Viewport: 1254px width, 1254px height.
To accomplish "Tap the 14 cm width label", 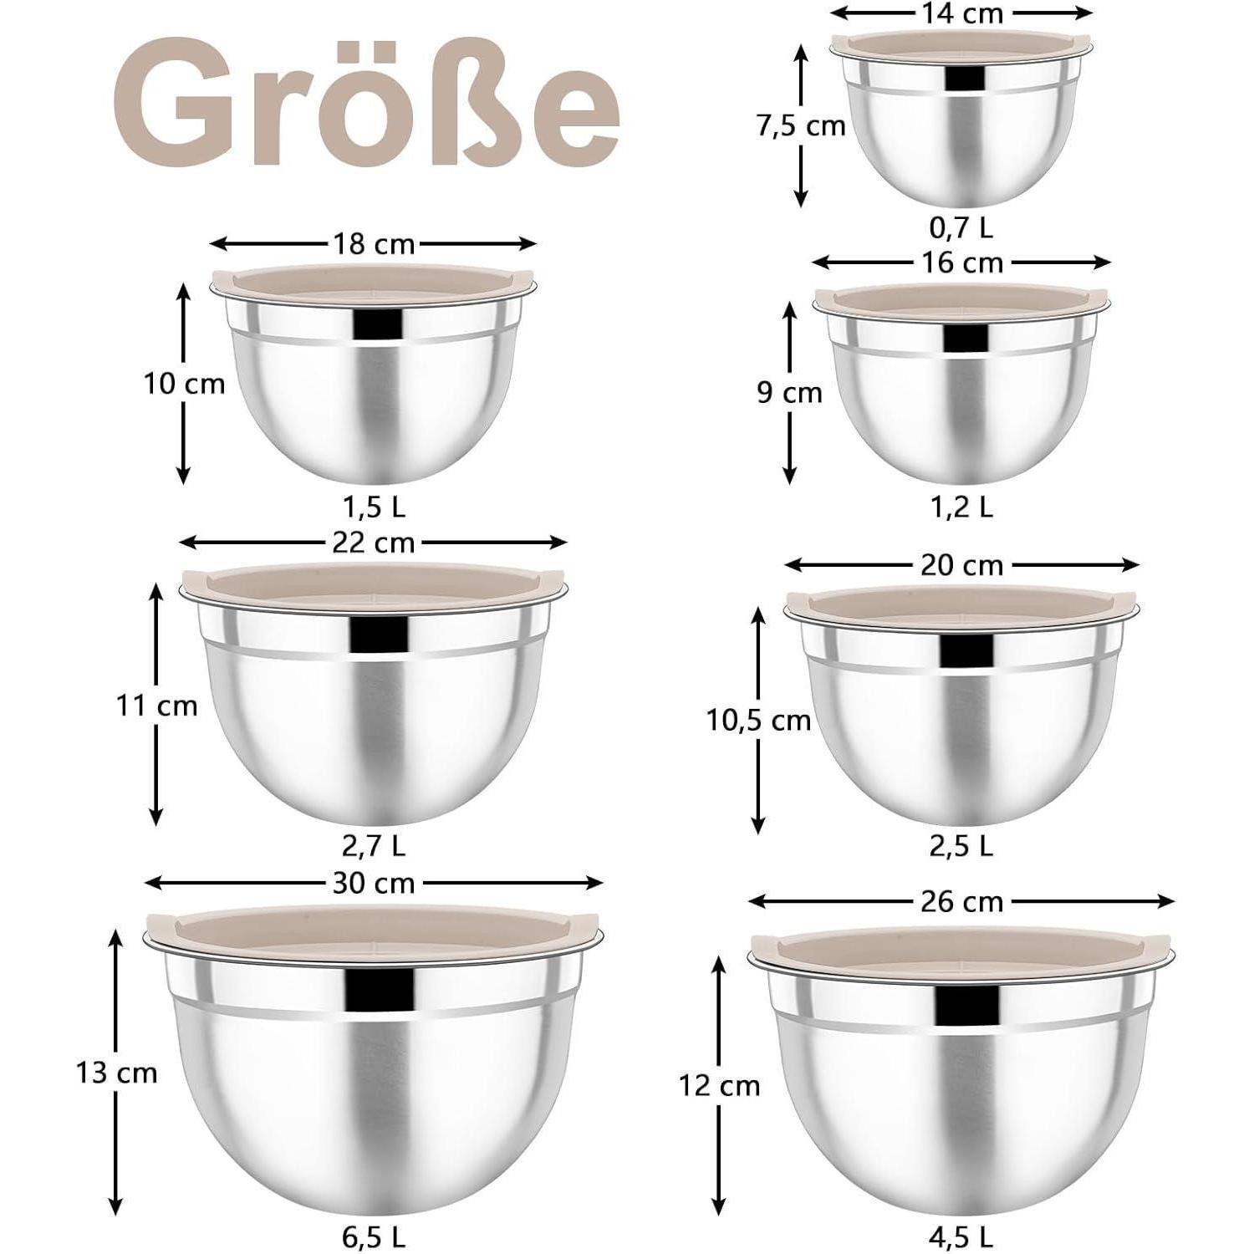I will pyautogui.click(x=961, y=13).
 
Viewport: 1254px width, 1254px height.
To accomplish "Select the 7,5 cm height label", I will pyautogui.click(x=801, y=125).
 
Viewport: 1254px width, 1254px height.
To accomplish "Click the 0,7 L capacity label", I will pyautogui.click(x=961, y=228).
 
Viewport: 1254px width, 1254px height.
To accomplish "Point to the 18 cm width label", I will pyautogui.click(x=373, y=244).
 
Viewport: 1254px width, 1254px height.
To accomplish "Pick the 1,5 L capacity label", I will pyautogui.click(x=374, y=507).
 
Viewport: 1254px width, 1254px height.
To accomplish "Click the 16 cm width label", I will pyautogui.click(x=961, y=263).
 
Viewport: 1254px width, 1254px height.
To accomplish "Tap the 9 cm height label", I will pyautogui.click(x=789, y=392).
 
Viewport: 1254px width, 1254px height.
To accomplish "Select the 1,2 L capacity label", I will pyautogui.click(x=961, y=507).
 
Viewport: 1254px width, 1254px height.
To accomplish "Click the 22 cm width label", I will pyautogui.click(x=373, y=543).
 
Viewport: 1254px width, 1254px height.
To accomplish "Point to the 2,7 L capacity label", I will pyautogui.click(x=374, y=846).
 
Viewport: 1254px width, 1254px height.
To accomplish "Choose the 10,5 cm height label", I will pyautogui.click(x=758, y=720).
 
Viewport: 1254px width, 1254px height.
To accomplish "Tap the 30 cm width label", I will pyautogui.click(x=373, y=883).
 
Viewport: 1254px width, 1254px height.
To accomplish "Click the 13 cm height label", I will pyautogui.click(x=116, y=1073).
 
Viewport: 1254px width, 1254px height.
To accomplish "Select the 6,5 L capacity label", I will pyautogui.click(x=374, y=1236).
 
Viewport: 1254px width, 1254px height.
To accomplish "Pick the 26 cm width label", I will pyautogui.click(x=961, y=901).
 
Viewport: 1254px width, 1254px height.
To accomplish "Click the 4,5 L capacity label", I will pyautogui.click(x=961, y=1236).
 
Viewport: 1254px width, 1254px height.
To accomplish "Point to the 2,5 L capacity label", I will pyautogui.click(x=961, y=846).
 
